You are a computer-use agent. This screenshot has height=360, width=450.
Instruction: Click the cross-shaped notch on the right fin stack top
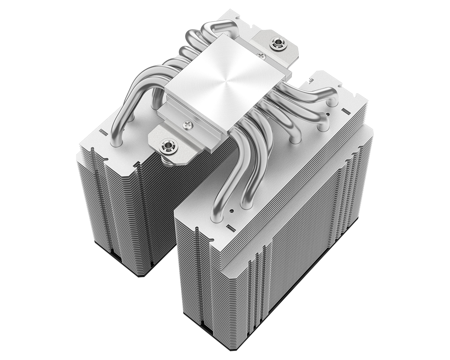point(311,80)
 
